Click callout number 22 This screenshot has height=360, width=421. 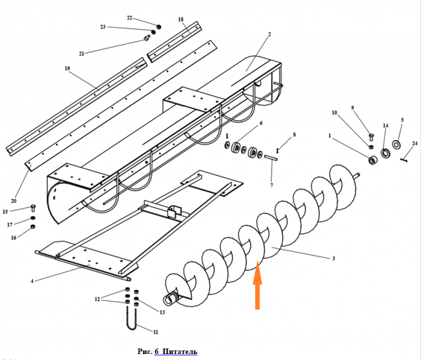[x=129, y=18]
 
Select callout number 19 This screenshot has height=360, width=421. [x=67, y=69]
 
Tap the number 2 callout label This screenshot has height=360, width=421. [x=269, y=34]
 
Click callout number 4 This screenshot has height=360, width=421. [x=32, y=281]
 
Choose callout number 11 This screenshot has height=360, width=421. [x=155, y=332]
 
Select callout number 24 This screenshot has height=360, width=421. [x=414, y=143]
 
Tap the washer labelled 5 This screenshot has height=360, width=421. [x=397, y=144]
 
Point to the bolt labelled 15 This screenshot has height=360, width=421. [x=32, y=208]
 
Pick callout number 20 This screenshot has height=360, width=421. [x=13, y=201]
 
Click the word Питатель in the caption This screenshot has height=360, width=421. [x=179, y=352]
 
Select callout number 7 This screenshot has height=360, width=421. [x=271, y=185]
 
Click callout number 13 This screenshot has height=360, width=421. [x=162, y=312]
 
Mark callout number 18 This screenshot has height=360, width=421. [x=180, y=20]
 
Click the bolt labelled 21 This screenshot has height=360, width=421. [x=146, y=38]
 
